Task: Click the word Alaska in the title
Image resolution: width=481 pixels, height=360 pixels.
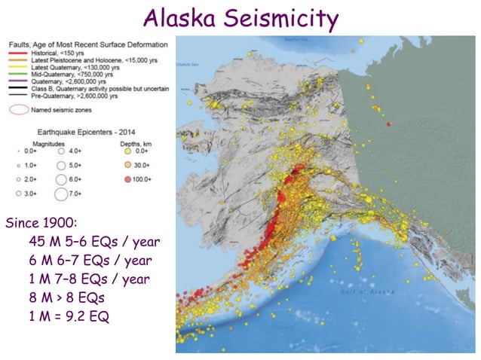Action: (x=182, y=18)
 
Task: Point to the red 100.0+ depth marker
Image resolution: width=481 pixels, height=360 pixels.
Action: (x=128, y=179)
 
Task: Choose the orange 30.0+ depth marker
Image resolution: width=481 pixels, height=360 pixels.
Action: (x=128, y=164)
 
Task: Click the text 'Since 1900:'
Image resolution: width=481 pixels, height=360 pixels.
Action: (x=38, y=224)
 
